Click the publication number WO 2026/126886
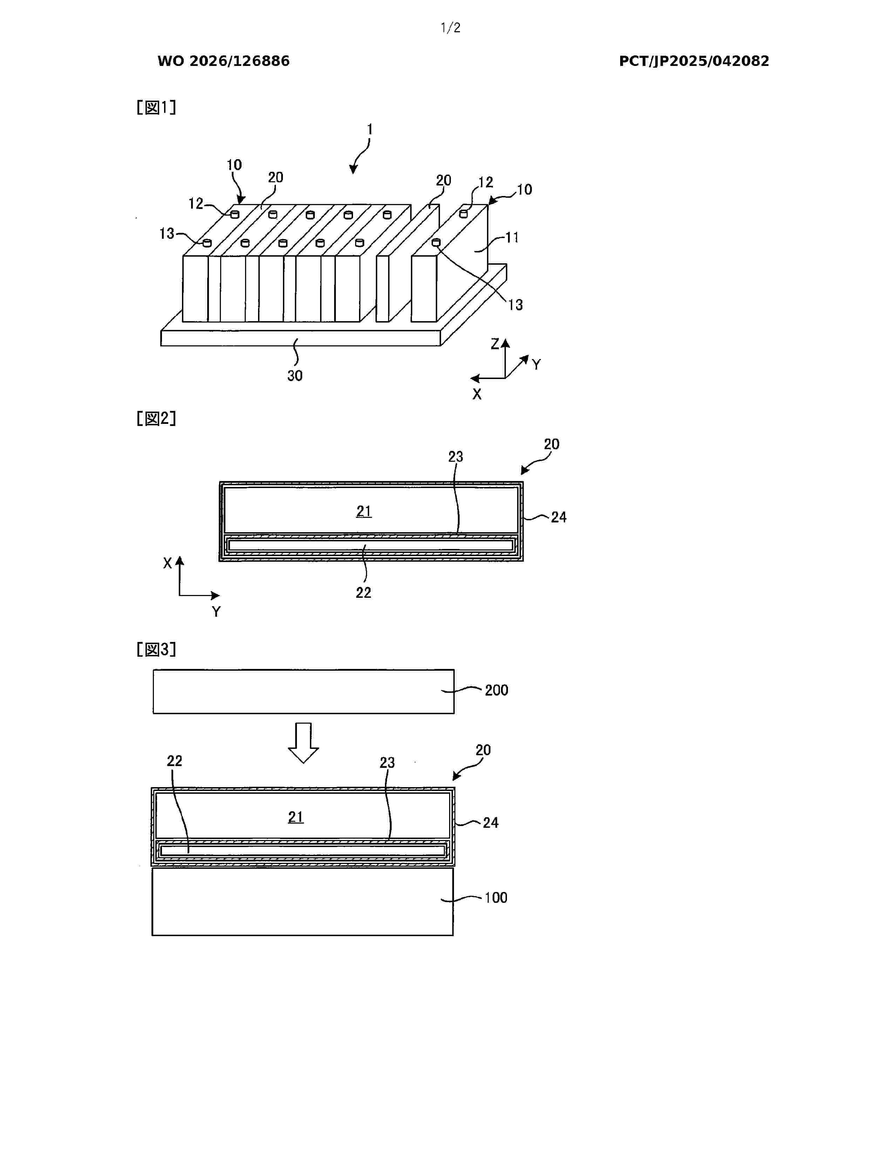click(x=224, y=61)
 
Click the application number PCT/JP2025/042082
click(x=694, y=61)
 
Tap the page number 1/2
click(x=451, y=28)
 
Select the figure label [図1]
click(x=156, y=108)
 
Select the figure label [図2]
click(x=156, y=419)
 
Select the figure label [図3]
click(x=156, y=649)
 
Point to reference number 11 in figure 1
click(x=512, y=237)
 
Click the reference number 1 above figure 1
click(x=370, y=129)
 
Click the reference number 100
click(x=496, y=898)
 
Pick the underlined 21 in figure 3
click(x=296, y=817)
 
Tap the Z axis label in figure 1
click(x=495, y=344)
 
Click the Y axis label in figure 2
click(x=216, y=611)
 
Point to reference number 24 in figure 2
click(x=559, y=517)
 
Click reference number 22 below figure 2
click(x=363, y=593)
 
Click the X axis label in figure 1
click(x=477, y=394)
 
